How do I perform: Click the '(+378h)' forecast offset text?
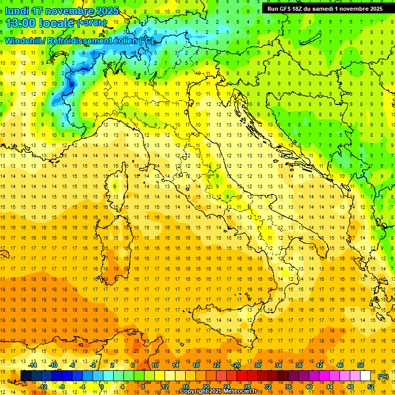92,23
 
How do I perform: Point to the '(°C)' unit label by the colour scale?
383,376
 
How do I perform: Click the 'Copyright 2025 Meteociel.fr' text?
222,391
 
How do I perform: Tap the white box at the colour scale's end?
365,376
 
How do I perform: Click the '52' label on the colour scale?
370,387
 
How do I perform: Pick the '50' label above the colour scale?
361,365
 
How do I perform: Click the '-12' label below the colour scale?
43,387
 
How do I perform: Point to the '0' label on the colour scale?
102,387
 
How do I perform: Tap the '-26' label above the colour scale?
236,365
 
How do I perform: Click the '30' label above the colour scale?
257,365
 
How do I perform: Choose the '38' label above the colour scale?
298,365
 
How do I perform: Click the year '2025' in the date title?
104,10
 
